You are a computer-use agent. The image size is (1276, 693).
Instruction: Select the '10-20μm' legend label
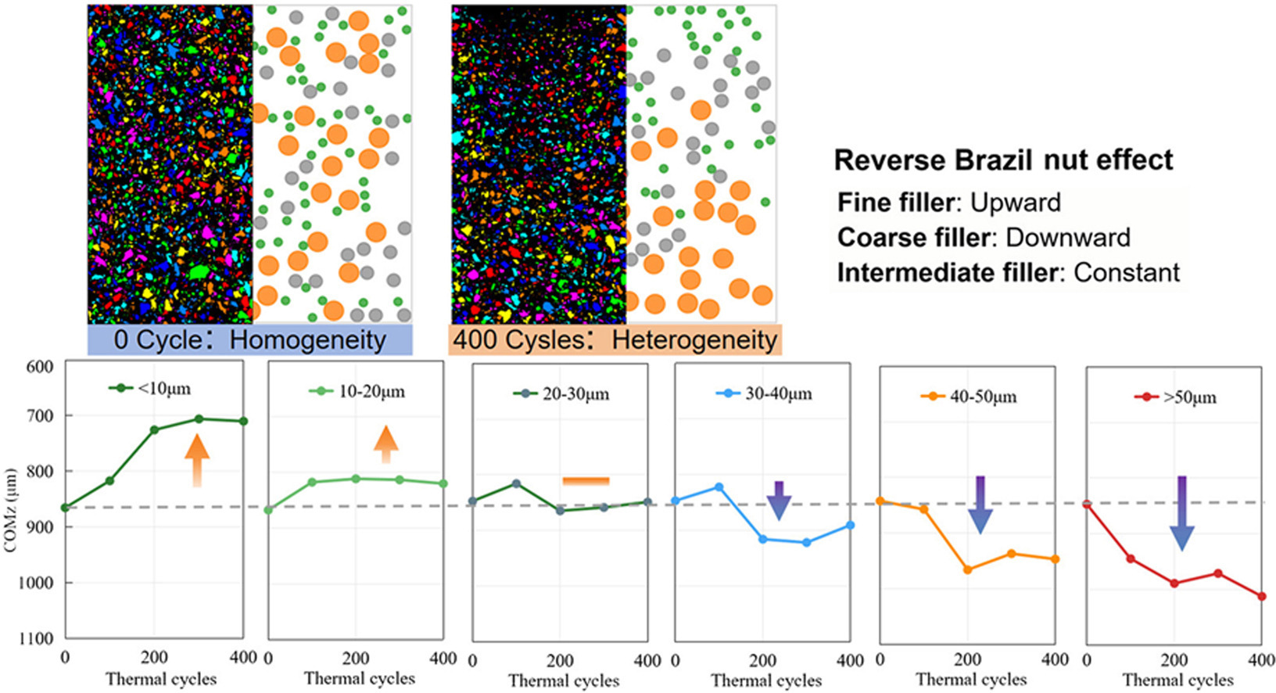pos(371,391)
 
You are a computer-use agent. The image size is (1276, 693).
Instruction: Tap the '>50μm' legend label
pos(1189,397)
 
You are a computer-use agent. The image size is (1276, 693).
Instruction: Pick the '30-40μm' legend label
pos(778,393)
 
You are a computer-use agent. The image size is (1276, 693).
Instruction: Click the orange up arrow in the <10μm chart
pos(197,460)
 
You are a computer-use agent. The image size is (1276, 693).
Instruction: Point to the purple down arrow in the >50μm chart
pos(1181,512)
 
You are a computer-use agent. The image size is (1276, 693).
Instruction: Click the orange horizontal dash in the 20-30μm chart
pos(586,481)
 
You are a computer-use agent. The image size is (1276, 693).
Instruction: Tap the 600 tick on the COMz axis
pos(40,367)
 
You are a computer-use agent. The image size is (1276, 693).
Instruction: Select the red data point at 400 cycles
pos(1261,597)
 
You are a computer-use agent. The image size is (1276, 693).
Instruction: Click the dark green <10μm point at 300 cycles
pos(199,419)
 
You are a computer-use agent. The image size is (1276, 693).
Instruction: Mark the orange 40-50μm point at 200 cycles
pos(967,569)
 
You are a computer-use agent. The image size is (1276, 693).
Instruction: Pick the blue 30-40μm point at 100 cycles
pos(719,487)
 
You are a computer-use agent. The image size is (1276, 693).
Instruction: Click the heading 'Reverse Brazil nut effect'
pos(1003,160)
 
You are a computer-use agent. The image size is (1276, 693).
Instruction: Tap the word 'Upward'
pos(1015,203)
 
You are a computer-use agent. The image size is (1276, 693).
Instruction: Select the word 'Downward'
pos(1067,237)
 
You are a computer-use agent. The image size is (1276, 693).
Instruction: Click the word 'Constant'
pos(1126,272)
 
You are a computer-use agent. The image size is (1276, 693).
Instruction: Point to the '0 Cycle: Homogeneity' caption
pos(249,340)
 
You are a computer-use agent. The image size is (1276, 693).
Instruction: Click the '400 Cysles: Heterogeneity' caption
pos(615,340)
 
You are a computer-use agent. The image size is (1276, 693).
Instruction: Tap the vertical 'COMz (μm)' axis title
pos(11,510)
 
